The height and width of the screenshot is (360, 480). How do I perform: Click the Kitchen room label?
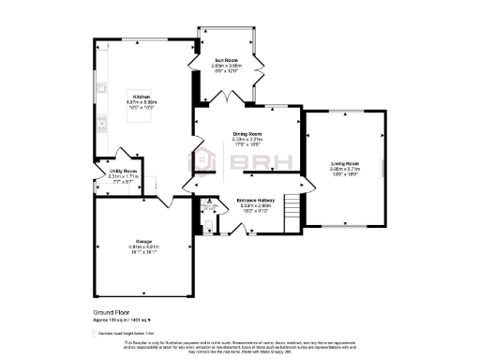pos(142,97)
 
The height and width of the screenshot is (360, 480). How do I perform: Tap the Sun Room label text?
pos(226,60)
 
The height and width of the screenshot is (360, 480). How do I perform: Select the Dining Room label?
pos(247,135)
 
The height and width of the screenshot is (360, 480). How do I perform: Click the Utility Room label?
pos(123,171)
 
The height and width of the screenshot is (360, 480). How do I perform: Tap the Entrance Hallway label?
pos(254,200)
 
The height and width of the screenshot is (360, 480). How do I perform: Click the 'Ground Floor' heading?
pos(111,310)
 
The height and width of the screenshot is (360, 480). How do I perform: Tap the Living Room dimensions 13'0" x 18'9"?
pos(346,174)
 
